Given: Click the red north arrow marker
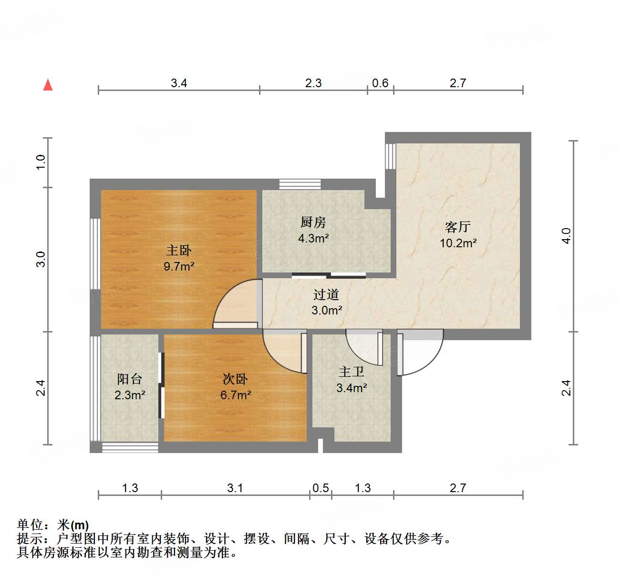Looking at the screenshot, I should (48, 85).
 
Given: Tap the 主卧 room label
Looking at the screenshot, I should (179, 250).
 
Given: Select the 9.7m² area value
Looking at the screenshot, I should (179, 266).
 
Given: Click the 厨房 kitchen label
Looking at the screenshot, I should (313, 222).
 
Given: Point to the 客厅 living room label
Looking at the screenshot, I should (458, 227).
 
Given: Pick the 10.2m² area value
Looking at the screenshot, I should (458, 243).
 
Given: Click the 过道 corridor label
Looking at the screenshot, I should (326, 294).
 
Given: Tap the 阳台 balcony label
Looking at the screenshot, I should (130, 379).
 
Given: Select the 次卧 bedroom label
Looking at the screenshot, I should (235, 379).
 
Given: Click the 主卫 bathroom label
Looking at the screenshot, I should (352, 372).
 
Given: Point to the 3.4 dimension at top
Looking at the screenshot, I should (179, 83).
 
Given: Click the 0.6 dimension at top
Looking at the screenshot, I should (380, 83).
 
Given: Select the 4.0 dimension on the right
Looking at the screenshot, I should (566, 236).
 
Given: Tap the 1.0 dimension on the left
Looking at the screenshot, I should (41, 162).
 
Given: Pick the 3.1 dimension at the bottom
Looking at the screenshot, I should (235, 488).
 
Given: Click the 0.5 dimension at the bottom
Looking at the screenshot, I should (321, 488).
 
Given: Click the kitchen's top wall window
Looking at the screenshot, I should (300, 184).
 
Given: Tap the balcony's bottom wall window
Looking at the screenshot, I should (130, 447).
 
